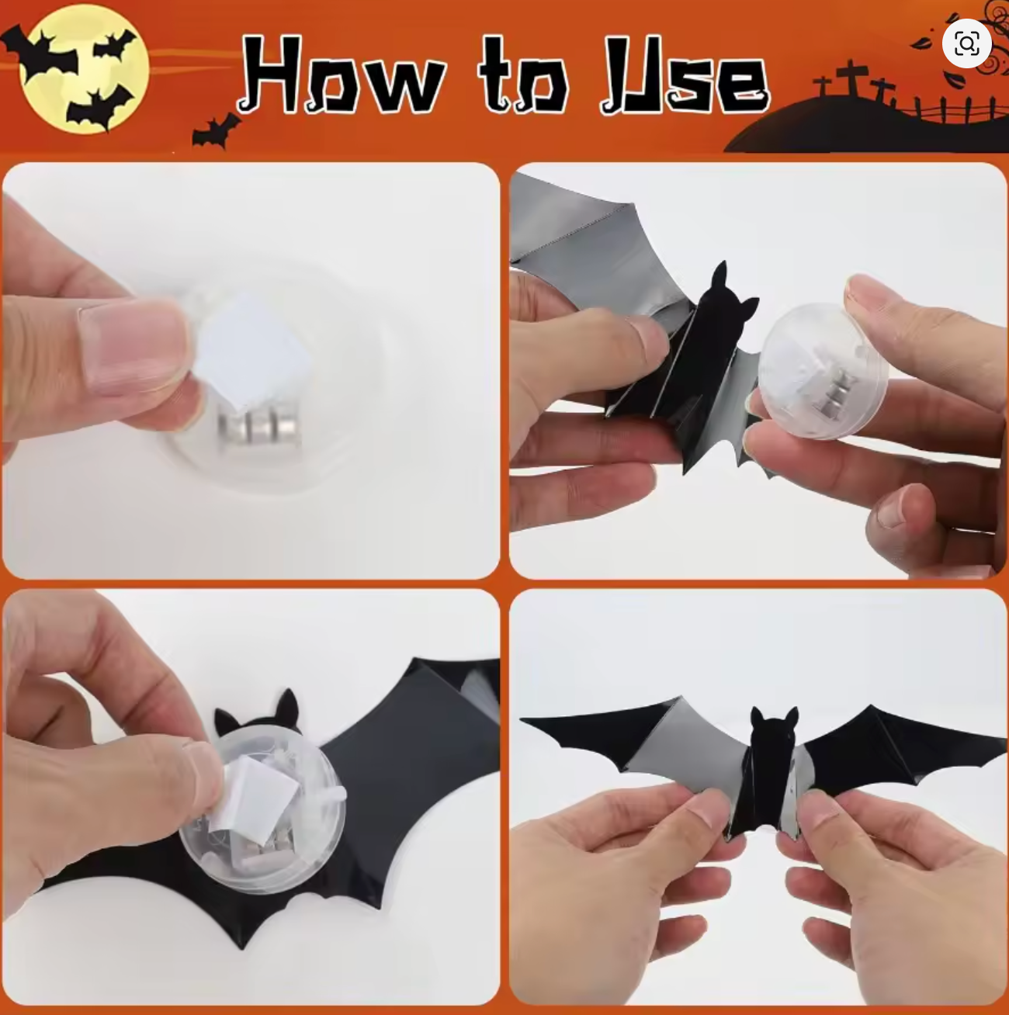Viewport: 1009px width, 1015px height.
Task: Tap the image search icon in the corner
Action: [x=966, y=43]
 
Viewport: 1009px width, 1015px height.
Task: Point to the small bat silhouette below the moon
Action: [x=215, y=130]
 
